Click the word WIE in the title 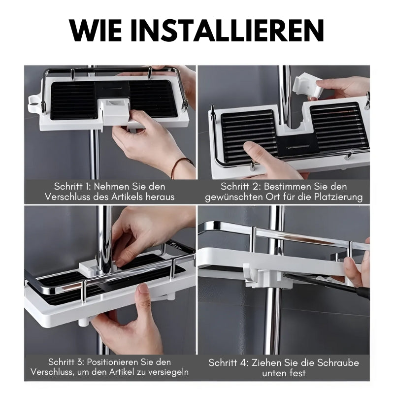(96, 30)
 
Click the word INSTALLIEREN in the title (228, 30)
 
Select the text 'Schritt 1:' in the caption (72, 187)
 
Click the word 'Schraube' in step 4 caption (338, 362)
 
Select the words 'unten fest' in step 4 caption (284, 373)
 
